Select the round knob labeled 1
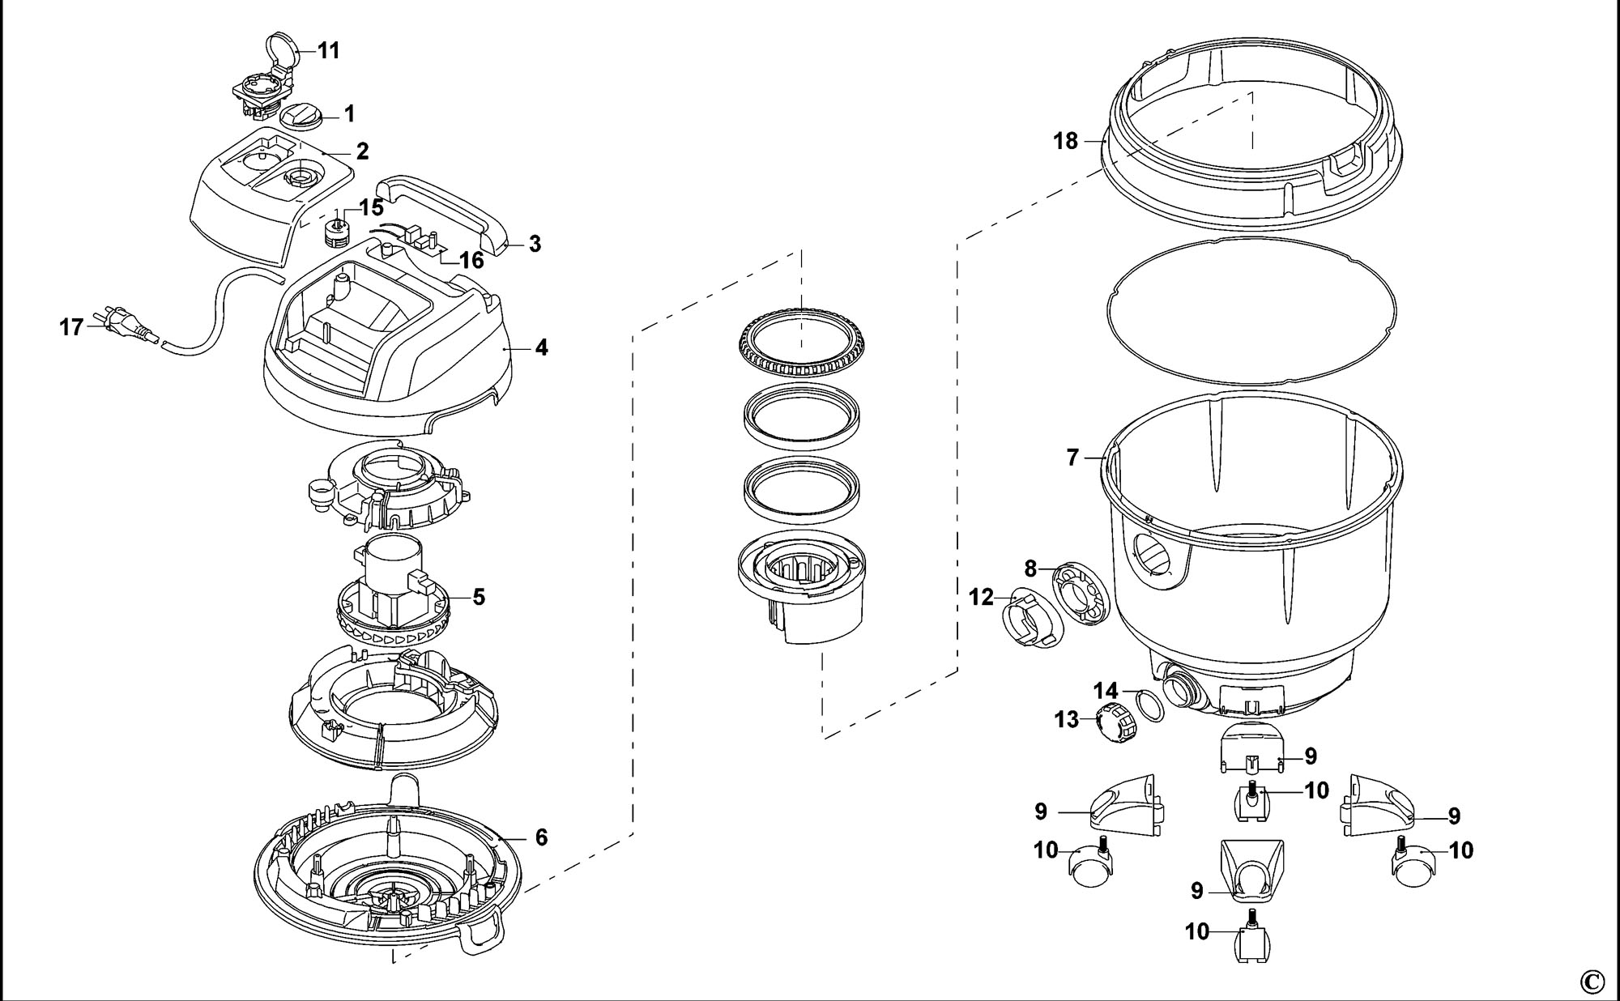301,115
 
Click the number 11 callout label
328,50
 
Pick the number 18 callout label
1066,141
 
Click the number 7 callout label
1073,458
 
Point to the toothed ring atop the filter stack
801,345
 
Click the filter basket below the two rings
800,591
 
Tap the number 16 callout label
471,260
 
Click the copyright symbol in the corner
1592,982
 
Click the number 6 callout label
541,837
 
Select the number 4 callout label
541,347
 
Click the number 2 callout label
362,151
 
